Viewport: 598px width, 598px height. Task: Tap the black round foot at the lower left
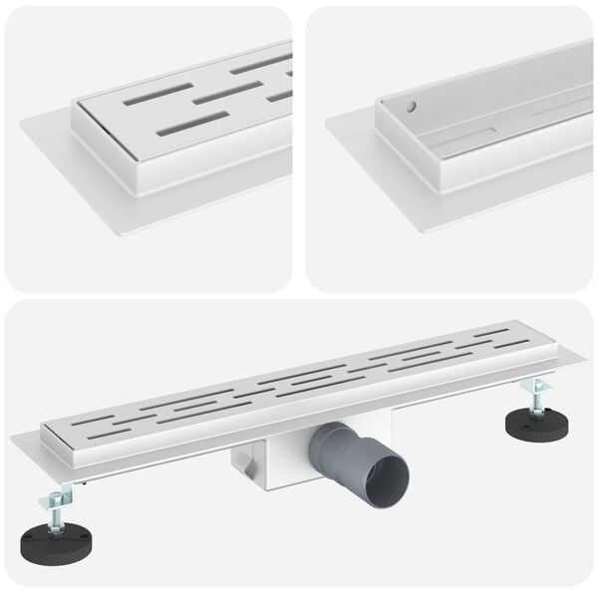point(56,541)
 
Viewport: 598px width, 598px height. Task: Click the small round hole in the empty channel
point(409,104)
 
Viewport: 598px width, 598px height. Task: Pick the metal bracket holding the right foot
point(532,385)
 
